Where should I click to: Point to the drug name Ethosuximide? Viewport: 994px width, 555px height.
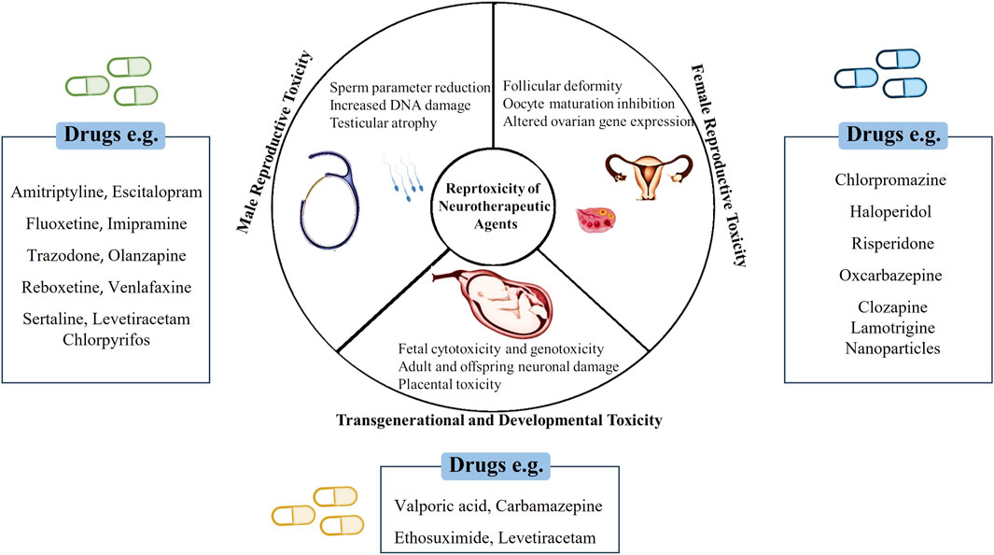(444, 538)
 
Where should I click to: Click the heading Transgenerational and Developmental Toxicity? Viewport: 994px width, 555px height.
(497, 420)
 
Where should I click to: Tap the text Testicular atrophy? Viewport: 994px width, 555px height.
(383, 122)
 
